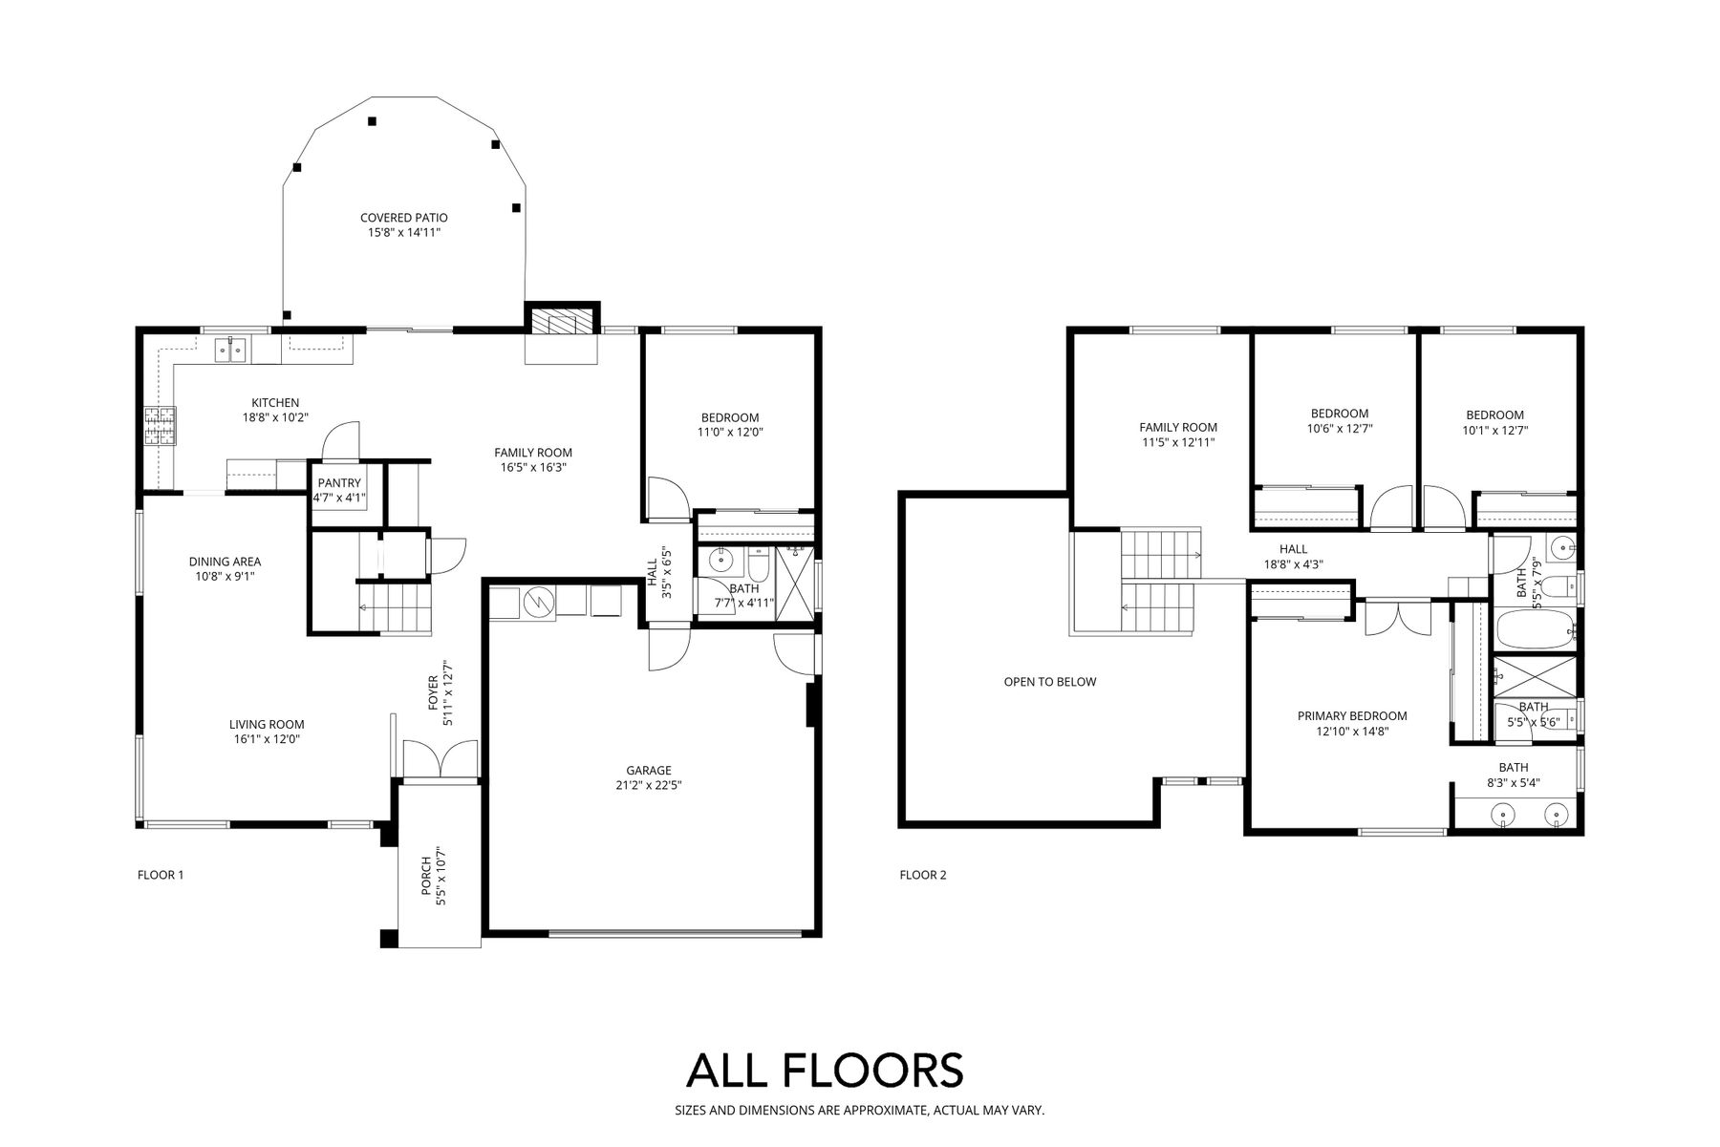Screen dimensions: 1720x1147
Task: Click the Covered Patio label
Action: tap(403, 218)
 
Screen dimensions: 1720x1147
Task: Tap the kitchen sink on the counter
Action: tap(230, 350)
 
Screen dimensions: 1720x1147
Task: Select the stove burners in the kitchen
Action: tap(160, 426)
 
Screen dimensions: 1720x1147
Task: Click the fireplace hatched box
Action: tap(562, 322)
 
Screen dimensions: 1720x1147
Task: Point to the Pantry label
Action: tap(339, 483)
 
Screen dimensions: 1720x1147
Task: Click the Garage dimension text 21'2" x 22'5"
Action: tap(649, 786)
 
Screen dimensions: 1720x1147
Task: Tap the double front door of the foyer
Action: tap(440, 761)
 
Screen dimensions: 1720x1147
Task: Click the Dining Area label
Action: tap(225, 562)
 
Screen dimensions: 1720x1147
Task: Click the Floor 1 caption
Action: tap(161, 875)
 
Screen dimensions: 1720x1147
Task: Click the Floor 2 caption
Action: tap(923, 875)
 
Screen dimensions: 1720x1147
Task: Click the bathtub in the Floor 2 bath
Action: tap(1535, 630)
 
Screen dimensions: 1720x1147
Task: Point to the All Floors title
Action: tap(825, 1071)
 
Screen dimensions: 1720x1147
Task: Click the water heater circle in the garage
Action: tap(538, 603)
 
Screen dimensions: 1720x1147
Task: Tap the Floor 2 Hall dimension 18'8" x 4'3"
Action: tap(1293, 564)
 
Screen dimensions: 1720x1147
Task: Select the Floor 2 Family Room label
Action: tap(1178, 428)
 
